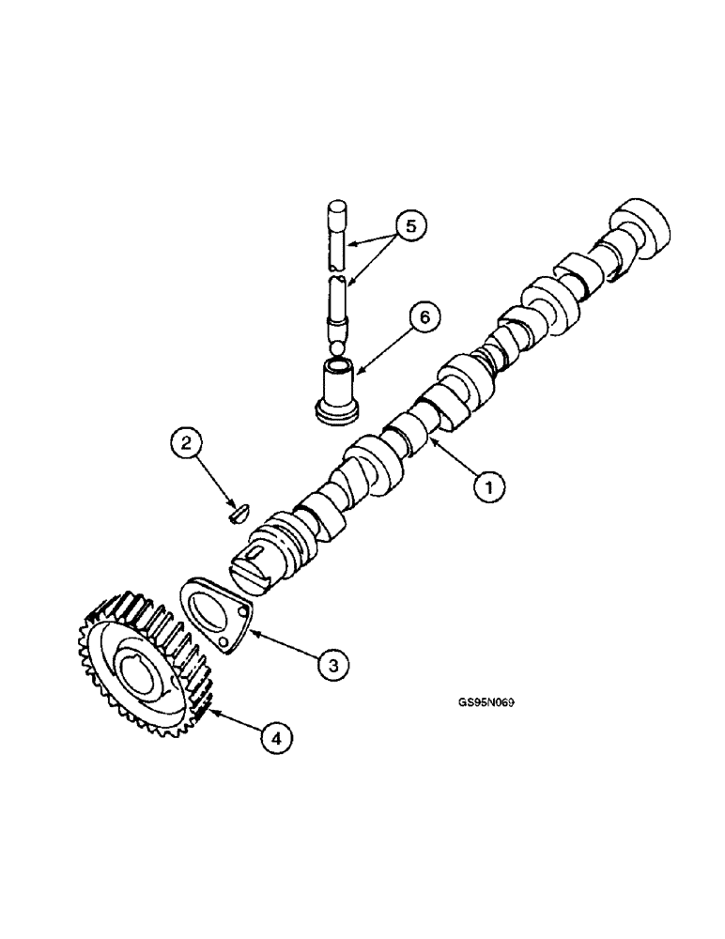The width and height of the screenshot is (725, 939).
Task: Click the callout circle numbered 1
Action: pyautogui.click(x=489, y=485)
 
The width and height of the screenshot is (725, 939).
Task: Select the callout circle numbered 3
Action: pyautogui.click(x=331, y=664)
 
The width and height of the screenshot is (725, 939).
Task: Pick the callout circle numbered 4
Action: pyautogui.click(x=275, y=738)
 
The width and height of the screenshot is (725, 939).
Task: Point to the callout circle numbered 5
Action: pyautogui.click(x=409, y=226)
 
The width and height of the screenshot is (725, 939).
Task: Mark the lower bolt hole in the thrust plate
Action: pyautogui.click(x=224, y=643)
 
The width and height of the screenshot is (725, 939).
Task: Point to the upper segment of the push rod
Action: pyautogui.click(x=338, y=235)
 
